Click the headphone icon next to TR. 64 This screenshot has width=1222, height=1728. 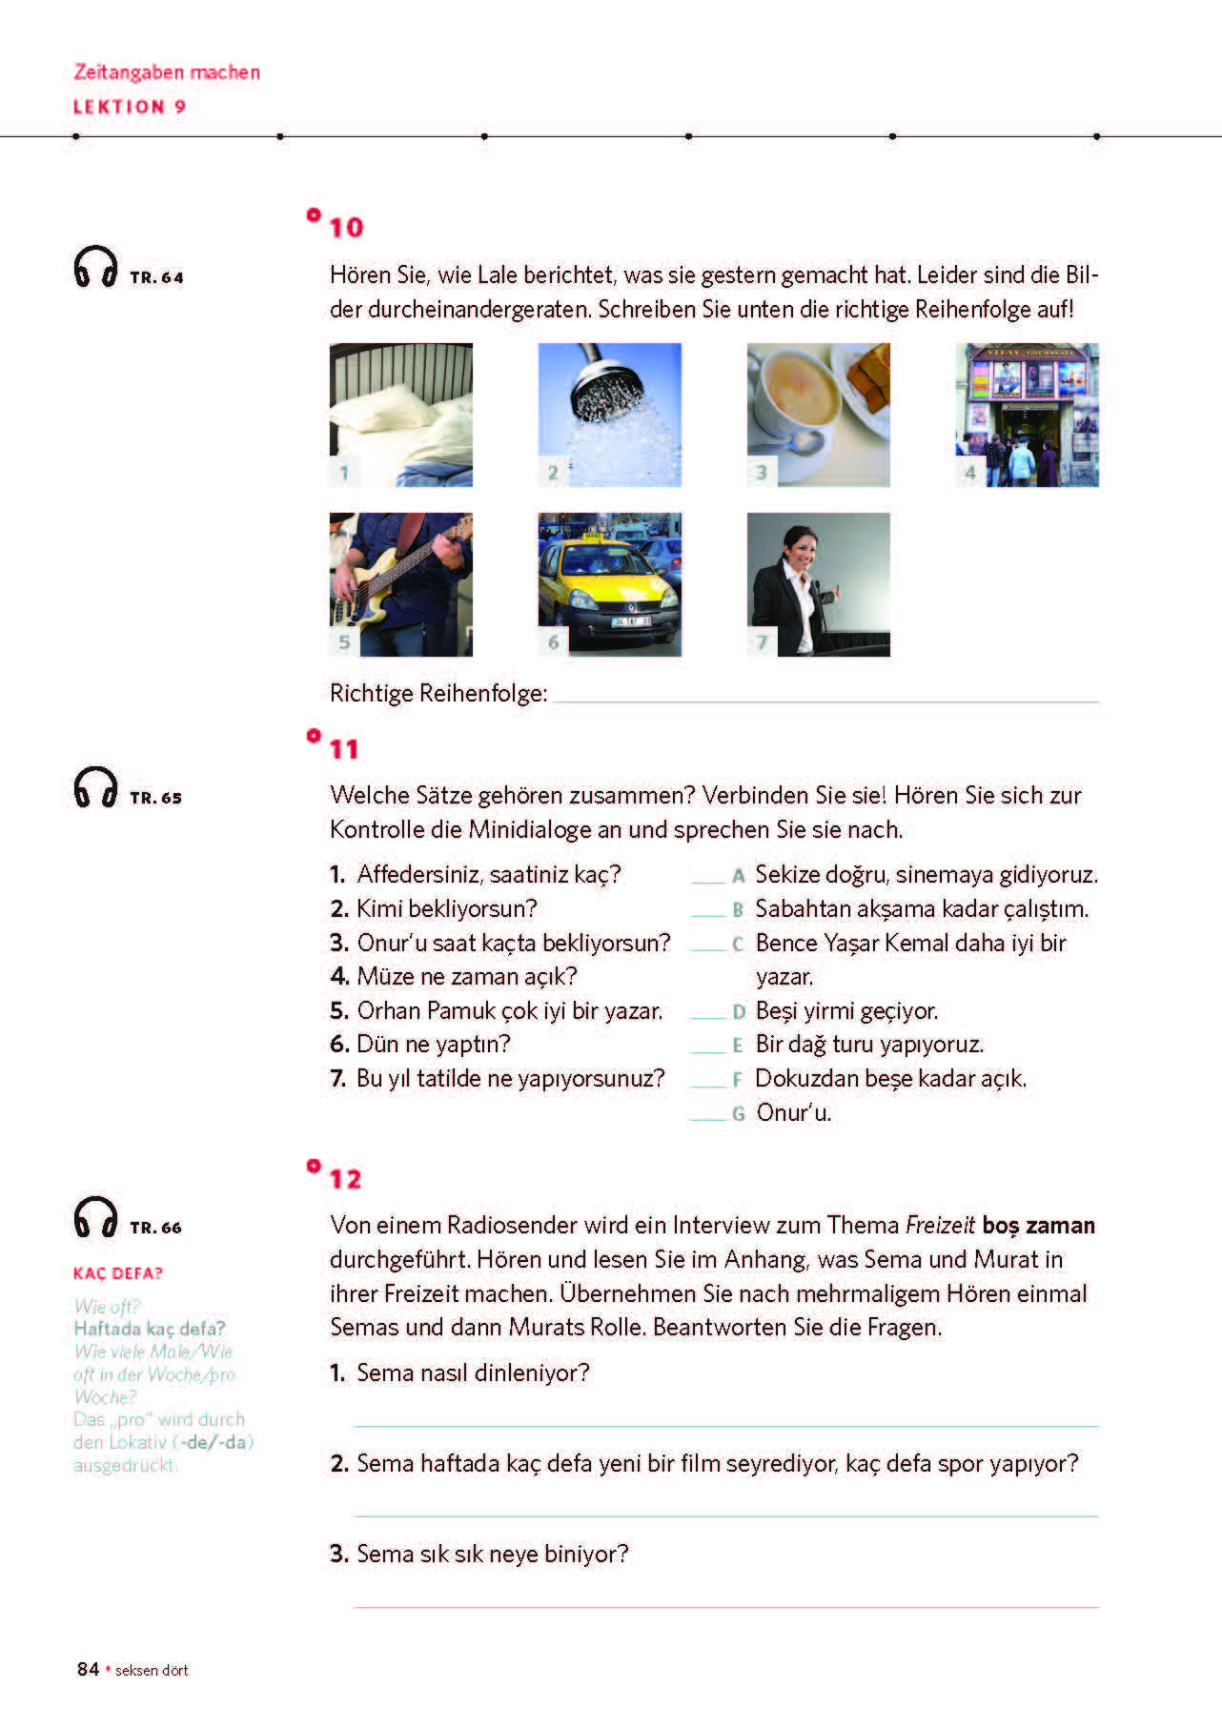[x=95, y=267]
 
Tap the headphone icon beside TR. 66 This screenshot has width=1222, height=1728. [x=95, y=1217]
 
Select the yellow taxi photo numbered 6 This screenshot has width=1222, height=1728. [x=609, y=584]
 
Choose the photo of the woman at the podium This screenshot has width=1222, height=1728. [x=818, y=584]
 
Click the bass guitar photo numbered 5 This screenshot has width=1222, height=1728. [x=400, y=584]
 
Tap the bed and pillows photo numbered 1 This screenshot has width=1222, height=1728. [x=400, y=415]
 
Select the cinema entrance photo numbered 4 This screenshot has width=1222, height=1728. [x=1027, y=415]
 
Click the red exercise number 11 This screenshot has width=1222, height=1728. [x=344, y=750]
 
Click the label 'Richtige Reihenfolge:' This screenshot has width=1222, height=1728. [x=438, y=694]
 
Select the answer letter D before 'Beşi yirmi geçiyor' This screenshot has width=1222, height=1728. [x=738, y=1012]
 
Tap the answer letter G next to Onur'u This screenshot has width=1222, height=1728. [x=738, y=1114]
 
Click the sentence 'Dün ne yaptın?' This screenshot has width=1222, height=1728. [x=433, y=1045]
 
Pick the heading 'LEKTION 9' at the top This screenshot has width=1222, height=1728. [x=130, y=107]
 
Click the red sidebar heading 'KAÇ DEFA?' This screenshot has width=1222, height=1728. [x=118, y=1273]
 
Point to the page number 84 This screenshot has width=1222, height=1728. [x=88, y=1669]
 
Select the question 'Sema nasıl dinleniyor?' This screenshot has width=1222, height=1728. [x=473, y=1372]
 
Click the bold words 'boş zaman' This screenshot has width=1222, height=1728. [x=1038, y=1226]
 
